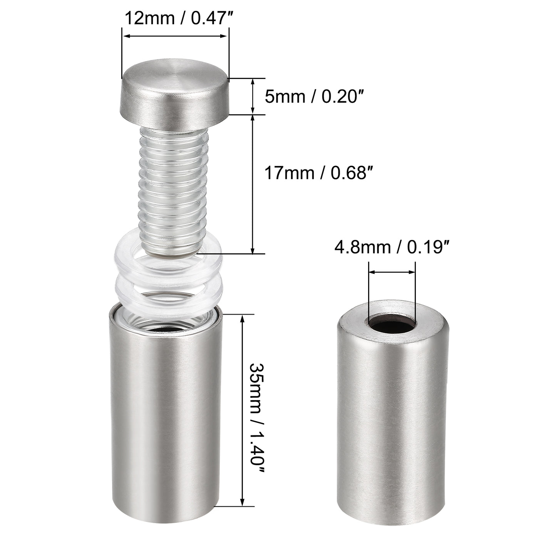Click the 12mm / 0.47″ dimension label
coord(176,18)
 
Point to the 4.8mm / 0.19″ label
coord(392,247)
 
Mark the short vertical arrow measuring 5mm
coord(253,96)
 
